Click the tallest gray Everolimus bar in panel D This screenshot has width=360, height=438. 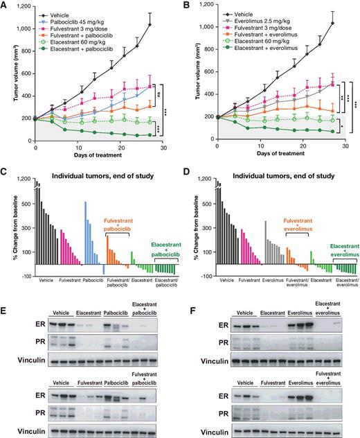(265, 222)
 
